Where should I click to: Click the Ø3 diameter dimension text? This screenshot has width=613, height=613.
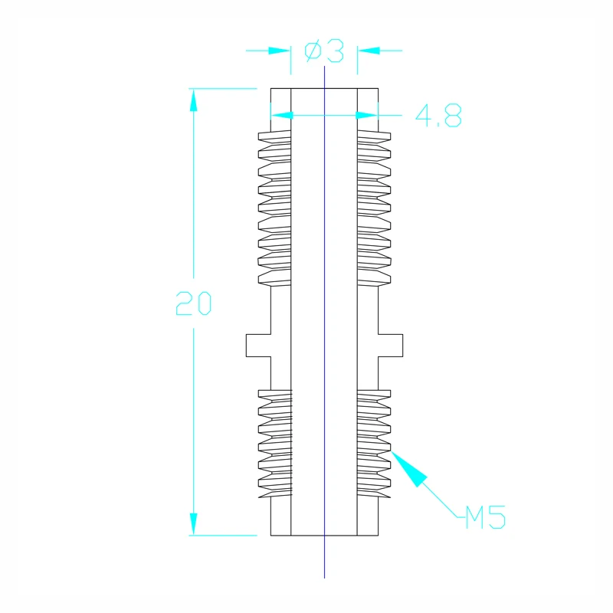click(324, 51)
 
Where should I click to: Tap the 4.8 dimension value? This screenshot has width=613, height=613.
click(438, 116)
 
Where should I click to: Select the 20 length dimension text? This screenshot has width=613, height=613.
click(194, 303)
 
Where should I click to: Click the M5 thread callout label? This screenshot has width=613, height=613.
click(486, 516)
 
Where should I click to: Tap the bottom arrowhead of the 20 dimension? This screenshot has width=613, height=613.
click(194, 524)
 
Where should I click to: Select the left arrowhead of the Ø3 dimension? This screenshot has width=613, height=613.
click(279, 51)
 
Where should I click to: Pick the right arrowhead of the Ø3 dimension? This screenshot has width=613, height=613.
click(369, 51)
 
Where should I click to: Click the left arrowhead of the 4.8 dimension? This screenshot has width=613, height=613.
click(282, 115)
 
